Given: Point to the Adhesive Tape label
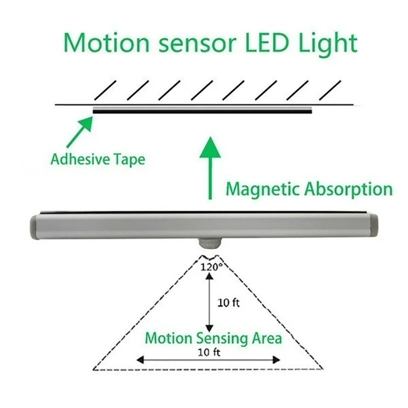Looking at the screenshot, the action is coord(97,159).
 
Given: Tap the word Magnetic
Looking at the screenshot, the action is coord(263,189).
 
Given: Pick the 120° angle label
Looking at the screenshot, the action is coord(210,266).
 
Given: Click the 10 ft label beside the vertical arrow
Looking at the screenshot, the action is coord(228,302).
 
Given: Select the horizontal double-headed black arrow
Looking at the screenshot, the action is coord(208,360).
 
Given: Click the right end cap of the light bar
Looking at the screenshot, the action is coord(375,224).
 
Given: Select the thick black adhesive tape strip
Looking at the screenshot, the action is coord(202,110).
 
